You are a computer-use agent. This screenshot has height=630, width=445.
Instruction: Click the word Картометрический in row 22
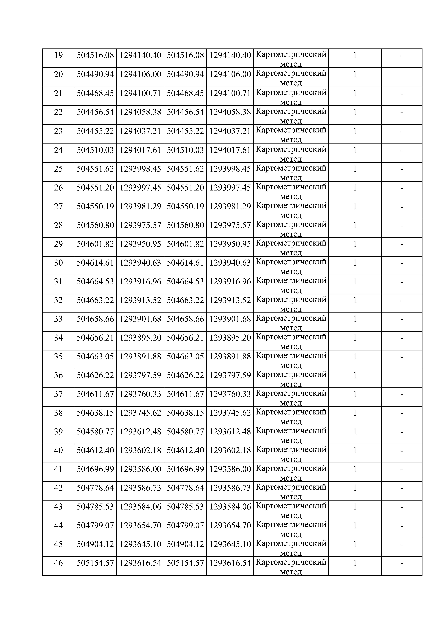tap(291, 111)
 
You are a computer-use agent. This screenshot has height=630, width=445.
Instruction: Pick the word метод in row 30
tap(291, 272)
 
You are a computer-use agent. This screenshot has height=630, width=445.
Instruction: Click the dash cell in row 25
tap(402, 169)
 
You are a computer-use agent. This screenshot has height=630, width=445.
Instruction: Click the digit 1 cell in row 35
tap(355, 356)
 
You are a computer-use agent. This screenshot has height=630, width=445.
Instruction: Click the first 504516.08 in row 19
tap(95, 55)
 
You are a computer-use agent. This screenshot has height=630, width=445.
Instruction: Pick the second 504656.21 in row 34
tap(185, 338)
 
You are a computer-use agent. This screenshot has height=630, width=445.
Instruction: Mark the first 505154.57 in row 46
tap(95, 563)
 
